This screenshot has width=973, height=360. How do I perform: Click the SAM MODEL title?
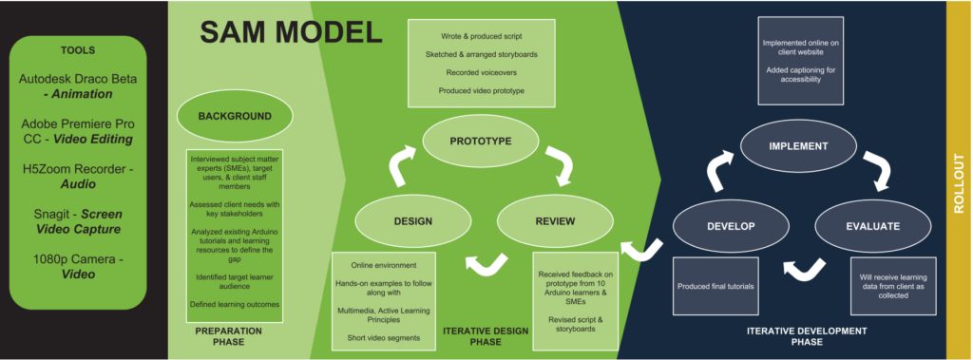pyautogui.click(x=291, y=32)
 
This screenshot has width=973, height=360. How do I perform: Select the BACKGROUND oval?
pyautogui.click(x=236, y=116)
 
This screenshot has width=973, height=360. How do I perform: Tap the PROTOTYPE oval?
pyautogui.click(x=480, y=141)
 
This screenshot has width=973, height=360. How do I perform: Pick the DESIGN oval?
pyautogui.click(x=412, y=221)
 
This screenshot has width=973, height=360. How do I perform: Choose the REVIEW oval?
pyautogui.click(x=555, y=221)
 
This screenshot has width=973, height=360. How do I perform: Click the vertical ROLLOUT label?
pyautogui.click(x=960, y=183)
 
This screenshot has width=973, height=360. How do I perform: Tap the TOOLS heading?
pyautogui.click(x=78, y=50)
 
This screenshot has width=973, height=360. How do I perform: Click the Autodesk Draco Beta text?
pyautogui.click(x=78, y=79)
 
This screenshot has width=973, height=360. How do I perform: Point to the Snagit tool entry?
pyautogui.click(x=78, y=221)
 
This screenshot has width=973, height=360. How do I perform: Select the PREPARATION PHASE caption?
pyautogui.click(x=229, y=336)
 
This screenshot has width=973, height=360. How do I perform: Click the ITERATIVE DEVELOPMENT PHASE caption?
pyautogui.click(x=807, y=336)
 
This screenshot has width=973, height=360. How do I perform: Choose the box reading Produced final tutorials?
pyautogui.click(x=715, y=286)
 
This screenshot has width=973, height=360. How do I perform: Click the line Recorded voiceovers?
pyautogui.click(x=481, y=72)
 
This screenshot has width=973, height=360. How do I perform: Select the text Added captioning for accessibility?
pyautogui.click(x=800, y=74)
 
